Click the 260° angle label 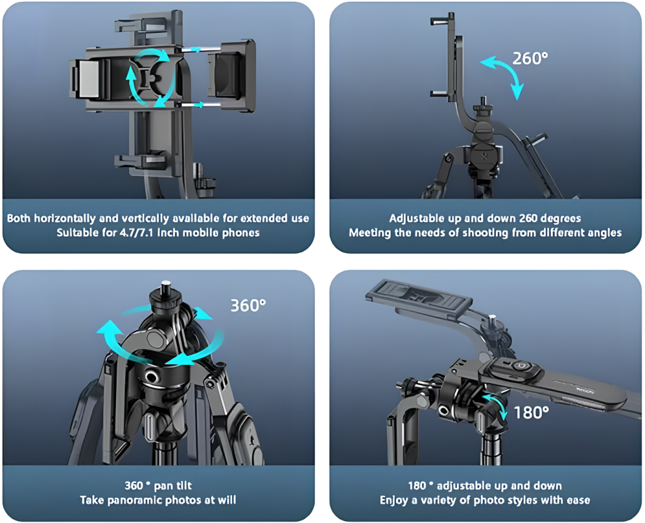coord(530,58)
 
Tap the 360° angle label coord(248,304)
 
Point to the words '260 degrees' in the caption coord(552,219)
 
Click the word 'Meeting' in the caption coord(371,232)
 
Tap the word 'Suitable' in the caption coord(77,232)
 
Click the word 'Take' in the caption coord(93,500)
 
